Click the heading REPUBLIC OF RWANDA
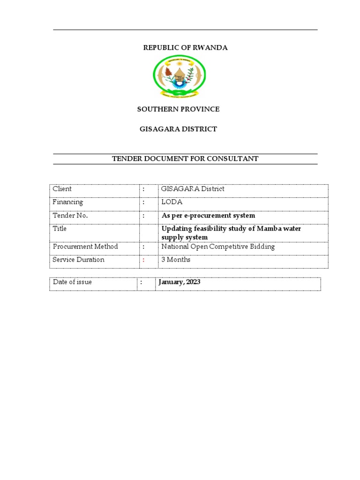pos(185,48)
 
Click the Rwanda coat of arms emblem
pos(180,76)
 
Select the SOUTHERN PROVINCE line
pos(178,109)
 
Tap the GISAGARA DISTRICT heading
pos(178,129)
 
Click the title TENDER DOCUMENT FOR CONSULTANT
pos(185,159)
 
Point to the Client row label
pos(62,189)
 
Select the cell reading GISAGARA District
pos(193,189)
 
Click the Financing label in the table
pos(68,202)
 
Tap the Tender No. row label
pos(70,216)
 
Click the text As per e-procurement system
pos(208,216)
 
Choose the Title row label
pos(60,229)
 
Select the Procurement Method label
pos(85,247)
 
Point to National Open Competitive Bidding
pos(218,247)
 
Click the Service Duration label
pos(78,260)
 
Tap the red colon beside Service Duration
pos(144,260)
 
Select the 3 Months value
pos(176,260)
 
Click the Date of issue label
pos(73,282)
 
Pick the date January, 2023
pos(180,282)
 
